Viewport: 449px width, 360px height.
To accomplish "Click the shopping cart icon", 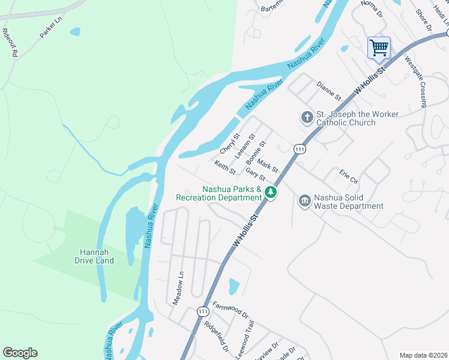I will [x=379, y=47].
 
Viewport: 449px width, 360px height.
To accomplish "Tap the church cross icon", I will [x=307, y=117].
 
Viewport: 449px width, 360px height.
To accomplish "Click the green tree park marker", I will [x=271, y=193].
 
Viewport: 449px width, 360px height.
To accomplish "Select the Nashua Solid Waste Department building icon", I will [x=304, y=200].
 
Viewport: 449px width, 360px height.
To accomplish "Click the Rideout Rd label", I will [x=9, y=42].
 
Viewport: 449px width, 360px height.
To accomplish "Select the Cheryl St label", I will [x=230, y=143].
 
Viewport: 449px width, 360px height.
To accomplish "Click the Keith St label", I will [x=225, y=167].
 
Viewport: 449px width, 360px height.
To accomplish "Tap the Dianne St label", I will [x=329, y=91].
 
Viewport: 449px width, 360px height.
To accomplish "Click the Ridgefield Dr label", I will [x=216, y=337].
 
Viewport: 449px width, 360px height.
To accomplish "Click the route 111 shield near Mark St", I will [x=298, y=148].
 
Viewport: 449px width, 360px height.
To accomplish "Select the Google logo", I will [x=20, y=353].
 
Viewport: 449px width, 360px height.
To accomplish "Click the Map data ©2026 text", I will [x=423, y=355].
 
